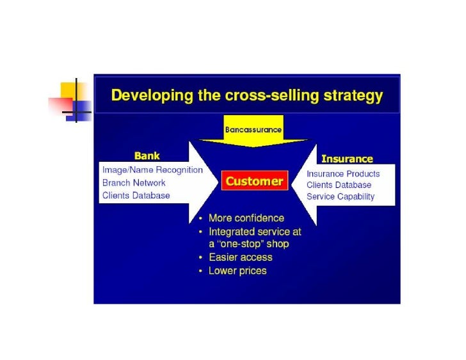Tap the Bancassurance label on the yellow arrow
coord(253,129)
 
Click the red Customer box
coord(254,181)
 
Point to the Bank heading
coord(147,155)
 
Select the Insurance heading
coord(346,158)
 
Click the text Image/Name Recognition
coord(152,170)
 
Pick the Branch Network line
coord(134,183)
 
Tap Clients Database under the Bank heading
coord(136,195)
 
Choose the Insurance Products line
coord(343,174)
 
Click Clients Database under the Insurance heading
coord(339,185)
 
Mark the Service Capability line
coord(341,197)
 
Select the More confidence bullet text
coord(246,218)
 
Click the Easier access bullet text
coord(241,257)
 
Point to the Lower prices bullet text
coord(237,270)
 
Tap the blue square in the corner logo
coord(82,109)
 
